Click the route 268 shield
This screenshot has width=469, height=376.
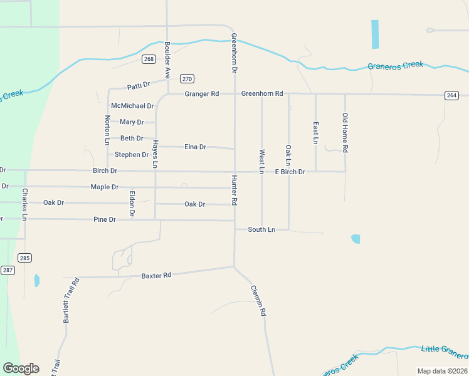149,59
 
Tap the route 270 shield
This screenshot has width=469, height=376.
187,78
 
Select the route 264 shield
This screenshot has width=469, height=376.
451,95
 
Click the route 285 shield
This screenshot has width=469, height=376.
24,258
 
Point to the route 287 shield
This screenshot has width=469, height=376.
7,270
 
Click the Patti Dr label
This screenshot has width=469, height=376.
139,85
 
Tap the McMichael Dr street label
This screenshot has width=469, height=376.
132,106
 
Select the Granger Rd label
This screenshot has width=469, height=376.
201,94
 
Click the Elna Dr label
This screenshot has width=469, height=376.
195,147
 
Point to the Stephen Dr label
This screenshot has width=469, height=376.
132,154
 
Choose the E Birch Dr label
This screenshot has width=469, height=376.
290,172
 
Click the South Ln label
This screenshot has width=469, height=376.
261,230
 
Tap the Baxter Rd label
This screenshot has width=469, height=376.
156,276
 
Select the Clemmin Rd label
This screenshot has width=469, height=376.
258,300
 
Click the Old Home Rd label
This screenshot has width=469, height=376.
345,132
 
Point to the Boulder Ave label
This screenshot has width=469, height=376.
167,60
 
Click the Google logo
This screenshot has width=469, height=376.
21,368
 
